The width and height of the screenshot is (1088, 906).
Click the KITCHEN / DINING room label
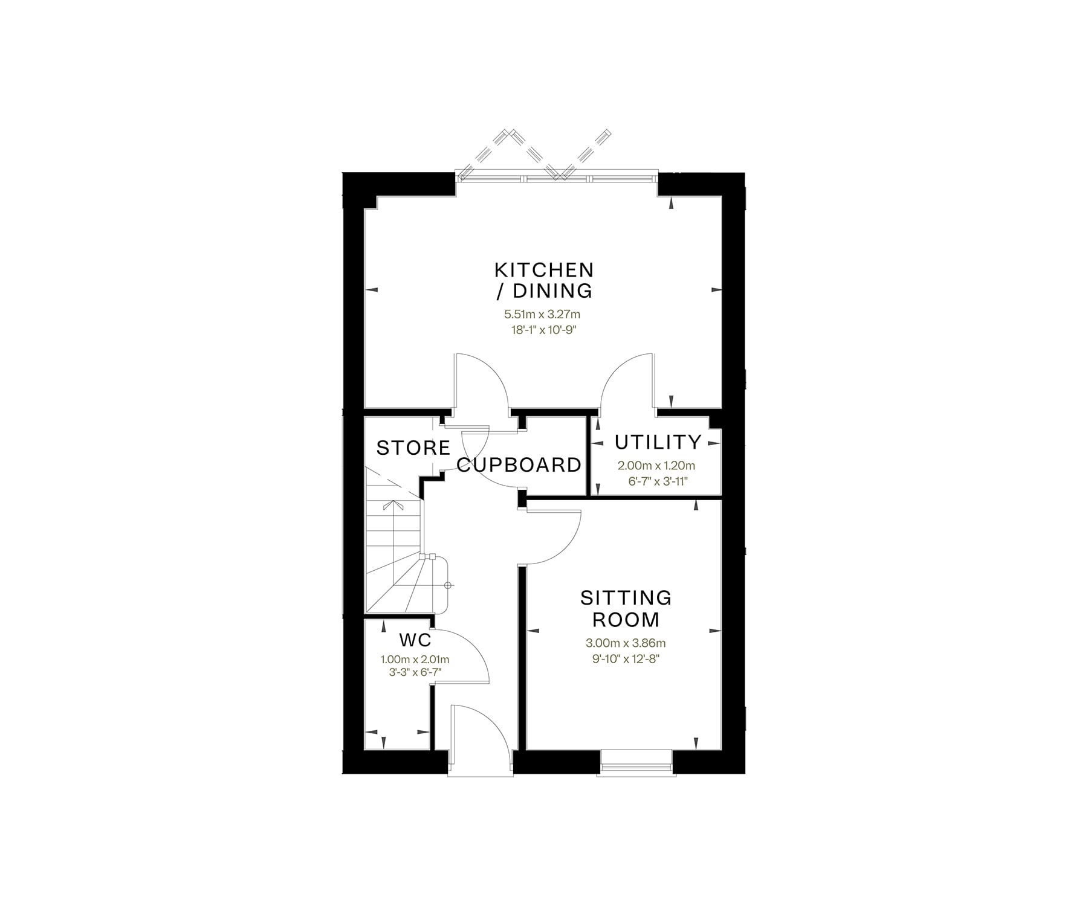[x=544, y=280]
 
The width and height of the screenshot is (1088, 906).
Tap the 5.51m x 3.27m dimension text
[x=542, y=314]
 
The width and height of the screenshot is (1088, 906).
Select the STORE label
[x=413, y=448]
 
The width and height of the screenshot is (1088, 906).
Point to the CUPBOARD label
[x=519, y=464]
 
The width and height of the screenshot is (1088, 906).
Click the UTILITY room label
[x=658, y=442]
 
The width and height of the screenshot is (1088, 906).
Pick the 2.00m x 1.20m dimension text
[x=656, y=466]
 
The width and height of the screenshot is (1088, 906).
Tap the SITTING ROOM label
[x=626, y=608]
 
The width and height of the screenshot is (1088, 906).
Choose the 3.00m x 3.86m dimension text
[x=626, y=643]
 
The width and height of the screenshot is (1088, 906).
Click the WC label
[x=415, y=640]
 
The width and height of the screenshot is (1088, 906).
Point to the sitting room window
[x=636, y=762]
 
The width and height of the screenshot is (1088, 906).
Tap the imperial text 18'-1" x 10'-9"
[x=542, y=330]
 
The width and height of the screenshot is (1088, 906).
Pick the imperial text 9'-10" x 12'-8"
[x=626, y=658]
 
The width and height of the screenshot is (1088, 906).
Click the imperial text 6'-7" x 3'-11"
[x=657, y=481]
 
